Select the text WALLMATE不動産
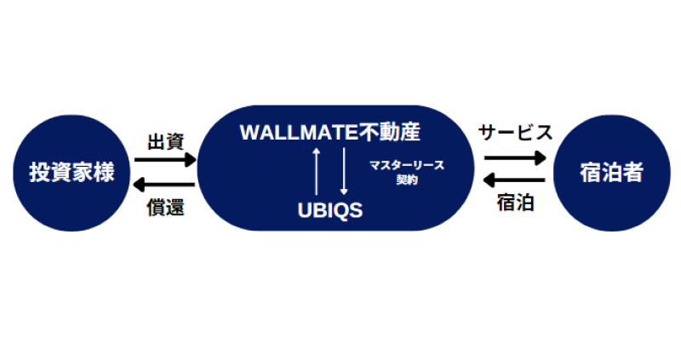[330, 133]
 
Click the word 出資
[165, 140]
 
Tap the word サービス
[515, 134]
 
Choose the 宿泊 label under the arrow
[515, 204]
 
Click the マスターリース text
[407, 164]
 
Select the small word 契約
[407, 180]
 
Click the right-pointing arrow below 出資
[165, 159]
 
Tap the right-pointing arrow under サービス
[514, 157]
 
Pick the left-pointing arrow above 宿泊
[514, 180]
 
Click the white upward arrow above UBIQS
[317, 170]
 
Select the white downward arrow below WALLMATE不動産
[343, 170]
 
